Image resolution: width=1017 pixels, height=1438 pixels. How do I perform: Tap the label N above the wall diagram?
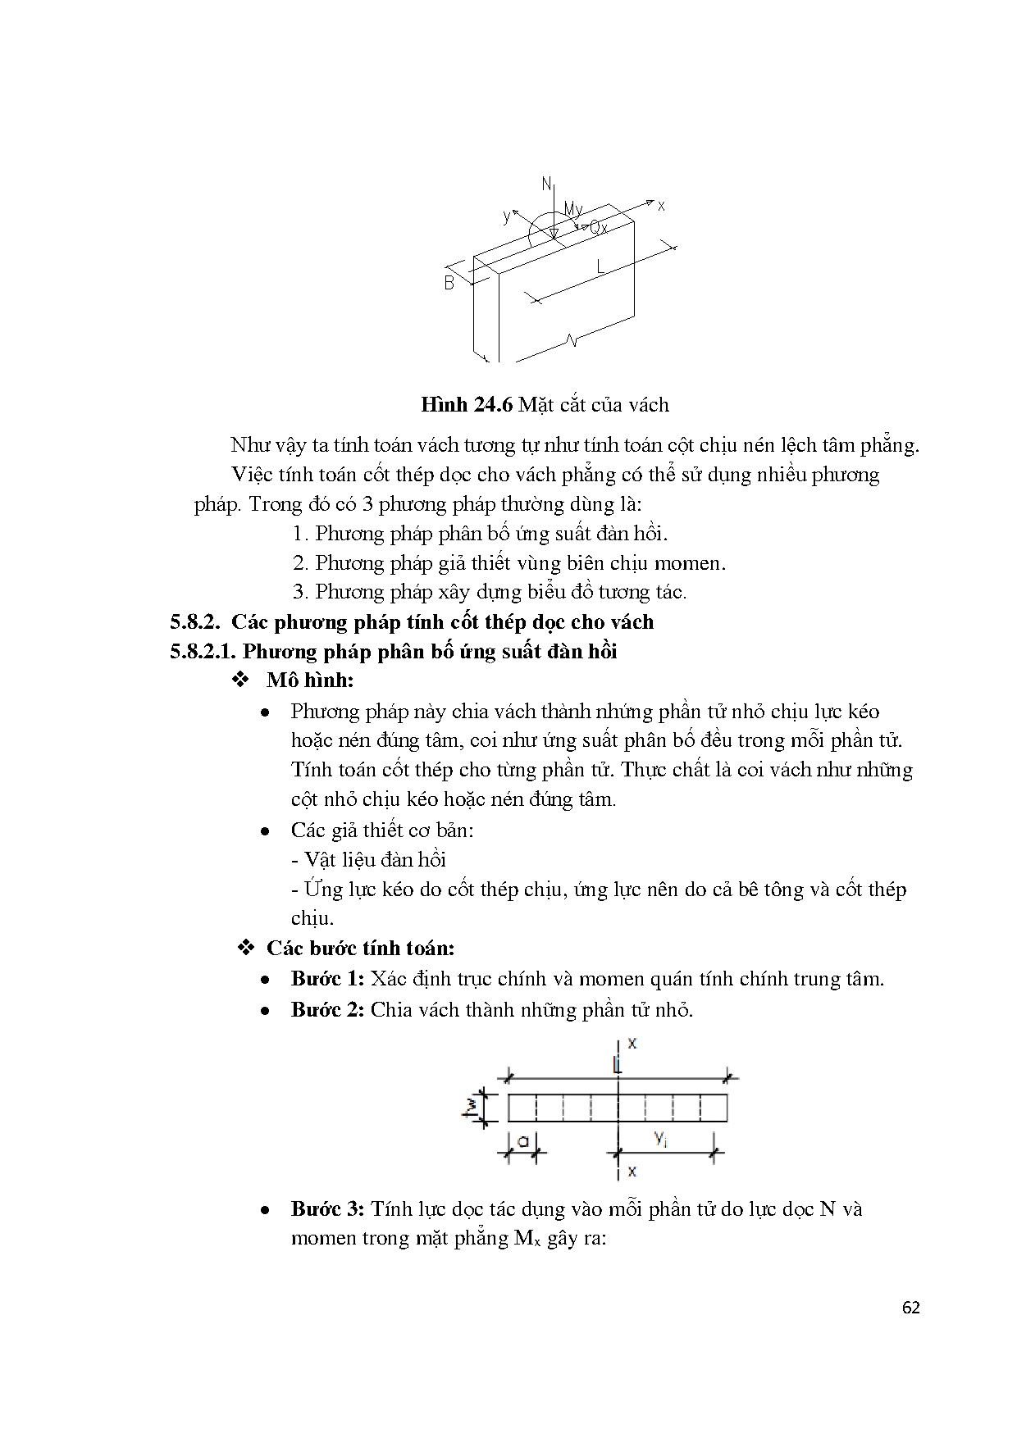547,185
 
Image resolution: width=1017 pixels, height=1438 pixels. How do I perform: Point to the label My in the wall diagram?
572,211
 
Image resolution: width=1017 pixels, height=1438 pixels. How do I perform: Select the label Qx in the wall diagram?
599,228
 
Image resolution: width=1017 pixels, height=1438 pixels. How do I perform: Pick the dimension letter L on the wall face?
601,266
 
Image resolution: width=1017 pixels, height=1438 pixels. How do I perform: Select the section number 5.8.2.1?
203,652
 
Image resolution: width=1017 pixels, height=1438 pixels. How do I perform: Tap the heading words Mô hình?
310,680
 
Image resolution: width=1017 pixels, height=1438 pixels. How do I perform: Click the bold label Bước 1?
327,979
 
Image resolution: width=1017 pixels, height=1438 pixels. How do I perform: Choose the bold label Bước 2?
327,1009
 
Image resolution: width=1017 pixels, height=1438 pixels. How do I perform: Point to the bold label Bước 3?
327,1209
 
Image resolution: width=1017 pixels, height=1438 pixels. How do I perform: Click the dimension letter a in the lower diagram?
522,1139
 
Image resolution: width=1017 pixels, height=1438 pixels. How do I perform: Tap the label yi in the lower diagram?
660,1137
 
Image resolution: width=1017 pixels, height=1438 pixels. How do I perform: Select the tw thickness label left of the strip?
471,1108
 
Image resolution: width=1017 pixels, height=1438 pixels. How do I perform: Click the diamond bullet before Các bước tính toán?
245,949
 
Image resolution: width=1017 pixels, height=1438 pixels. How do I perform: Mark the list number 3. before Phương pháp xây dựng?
300,592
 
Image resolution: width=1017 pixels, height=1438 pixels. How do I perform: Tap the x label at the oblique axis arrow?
661,206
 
